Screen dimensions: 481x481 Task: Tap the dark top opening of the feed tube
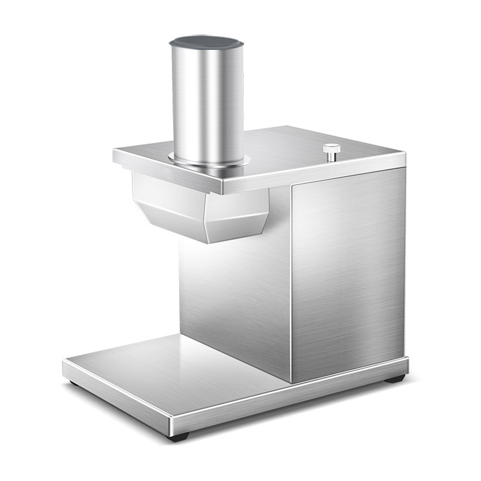pos(204,43)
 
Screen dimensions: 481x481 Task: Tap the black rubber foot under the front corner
pos(179,436)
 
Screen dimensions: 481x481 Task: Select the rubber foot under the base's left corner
pos(73,382)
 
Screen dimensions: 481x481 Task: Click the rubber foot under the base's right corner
pos(394,379)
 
